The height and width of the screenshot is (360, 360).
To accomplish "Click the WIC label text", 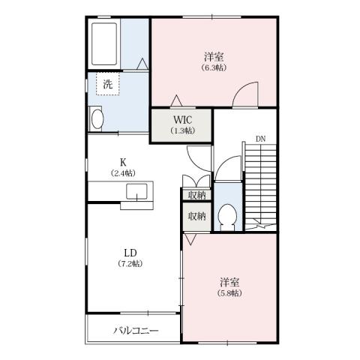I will coord(184,119).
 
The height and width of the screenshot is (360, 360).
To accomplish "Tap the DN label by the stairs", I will coord(260,139).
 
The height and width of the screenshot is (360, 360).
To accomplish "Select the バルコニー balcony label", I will coord(136,330).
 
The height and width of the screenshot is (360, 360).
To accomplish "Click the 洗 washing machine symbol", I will coord(108,84).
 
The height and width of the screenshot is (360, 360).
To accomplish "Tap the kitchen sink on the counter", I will coord(139,191).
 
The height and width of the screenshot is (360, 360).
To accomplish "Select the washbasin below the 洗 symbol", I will coord(97,118).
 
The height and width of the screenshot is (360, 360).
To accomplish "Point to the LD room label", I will coord(130,252).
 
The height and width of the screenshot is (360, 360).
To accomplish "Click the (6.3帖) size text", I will coord(214,67).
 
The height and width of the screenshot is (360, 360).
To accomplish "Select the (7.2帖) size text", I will coord(130,263).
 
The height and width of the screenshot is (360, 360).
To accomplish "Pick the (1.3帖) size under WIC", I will coord(184,130).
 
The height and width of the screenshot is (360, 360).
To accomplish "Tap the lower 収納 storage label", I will coord(196,217).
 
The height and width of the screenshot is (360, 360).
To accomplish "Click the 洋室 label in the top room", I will coord(214,56).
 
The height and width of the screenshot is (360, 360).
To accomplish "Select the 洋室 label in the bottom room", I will coord(229,281).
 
